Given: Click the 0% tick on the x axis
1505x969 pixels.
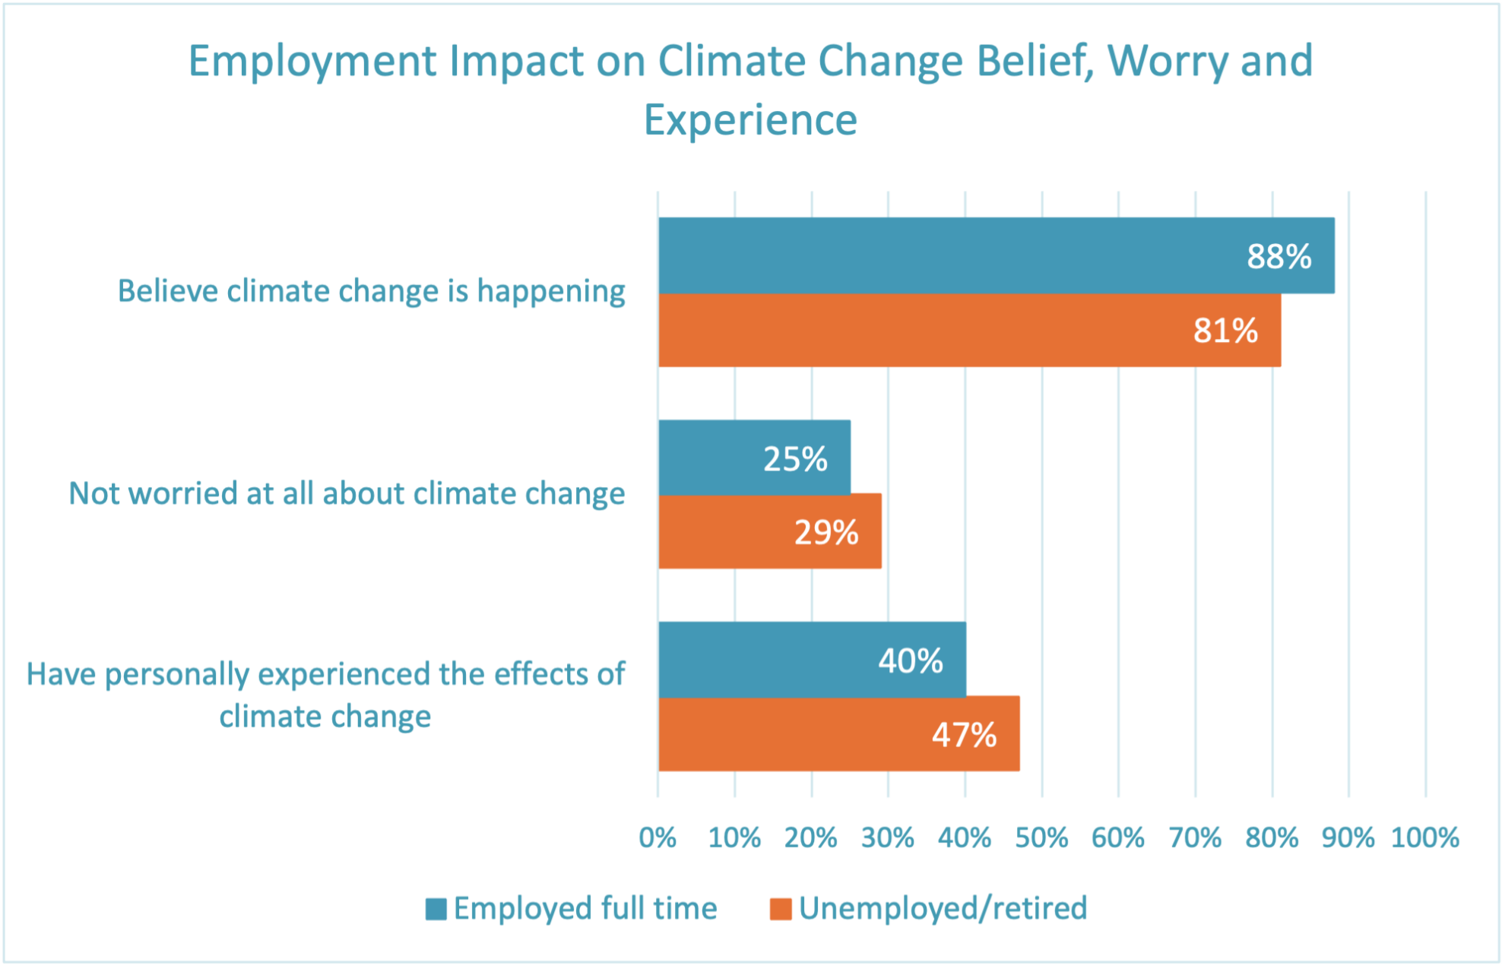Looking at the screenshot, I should [x=657, y=838].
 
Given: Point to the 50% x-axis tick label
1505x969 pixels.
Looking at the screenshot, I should [x=1041, y=838].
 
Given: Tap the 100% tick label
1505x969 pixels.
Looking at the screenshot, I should [x=1424, y=838].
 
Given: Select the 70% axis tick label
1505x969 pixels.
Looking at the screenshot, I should [x=1195, y=838].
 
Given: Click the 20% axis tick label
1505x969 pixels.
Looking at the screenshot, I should [x=811, y=838].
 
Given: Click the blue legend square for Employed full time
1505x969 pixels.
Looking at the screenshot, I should [x=436, y=909].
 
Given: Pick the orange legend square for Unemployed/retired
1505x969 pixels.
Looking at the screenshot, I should [x=781, y=909].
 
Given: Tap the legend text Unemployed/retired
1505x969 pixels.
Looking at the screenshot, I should [x=943, y=908].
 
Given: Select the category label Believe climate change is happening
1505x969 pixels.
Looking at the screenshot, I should [x=371, y=291].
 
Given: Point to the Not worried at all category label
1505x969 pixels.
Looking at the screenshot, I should [x=347, y=493].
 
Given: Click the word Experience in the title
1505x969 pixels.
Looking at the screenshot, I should [x=750, y=120].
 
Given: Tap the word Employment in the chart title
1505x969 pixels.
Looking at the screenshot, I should [x=312, y=61].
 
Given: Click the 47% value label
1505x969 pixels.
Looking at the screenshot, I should [x=964, y=735].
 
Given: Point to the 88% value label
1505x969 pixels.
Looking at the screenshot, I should [x=1278, y=256].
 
